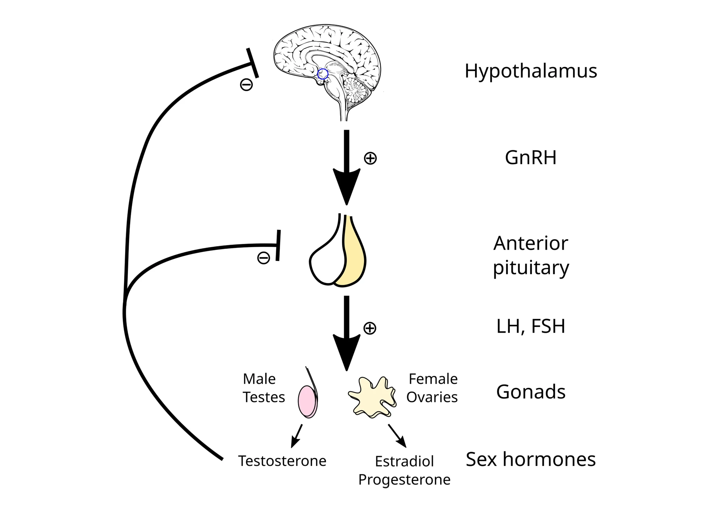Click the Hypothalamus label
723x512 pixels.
(x=530, y=71)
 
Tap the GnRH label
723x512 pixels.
(x=530, y=158)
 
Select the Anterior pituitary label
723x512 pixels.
(x=530, y=255)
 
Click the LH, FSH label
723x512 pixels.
(x=530, y=326)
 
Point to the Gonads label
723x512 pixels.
(x=530, y=392)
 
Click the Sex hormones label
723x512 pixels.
(x=530, y=460)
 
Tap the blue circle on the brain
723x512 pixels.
(x=322, y=74)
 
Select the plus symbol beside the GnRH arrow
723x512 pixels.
(x=370, y=158)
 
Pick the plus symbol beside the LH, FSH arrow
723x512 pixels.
(x=369, y=328)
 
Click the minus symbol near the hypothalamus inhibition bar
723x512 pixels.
(x=246, y=85)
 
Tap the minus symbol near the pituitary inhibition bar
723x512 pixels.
(x=263, y=258)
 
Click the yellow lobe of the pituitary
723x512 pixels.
(x=352, y=257)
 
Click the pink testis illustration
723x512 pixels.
(x=307, y=401)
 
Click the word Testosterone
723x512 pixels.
(x=282, y=461)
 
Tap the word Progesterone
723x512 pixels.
(x=404, y=480)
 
